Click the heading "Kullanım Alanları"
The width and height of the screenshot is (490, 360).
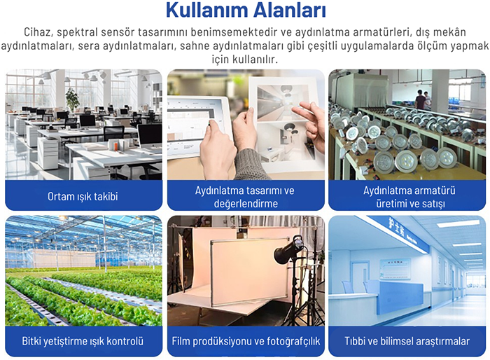246,11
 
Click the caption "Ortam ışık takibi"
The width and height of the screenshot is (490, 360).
83,196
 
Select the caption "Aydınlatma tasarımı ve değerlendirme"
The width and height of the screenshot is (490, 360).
244,196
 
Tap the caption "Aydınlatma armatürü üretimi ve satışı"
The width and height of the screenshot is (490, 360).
407,196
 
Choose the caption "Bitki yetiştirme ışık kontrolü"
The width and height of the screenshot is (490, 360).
83,341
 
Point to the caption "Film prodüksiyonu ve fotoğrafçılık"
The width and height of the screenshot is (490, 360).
246,341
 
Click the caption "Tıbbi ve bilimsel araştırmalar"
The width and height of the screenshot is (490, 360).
407,341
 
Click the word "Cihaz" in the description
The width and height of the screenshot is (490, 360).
38,32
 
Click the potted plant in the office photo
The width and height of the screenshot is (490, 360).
72,99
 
